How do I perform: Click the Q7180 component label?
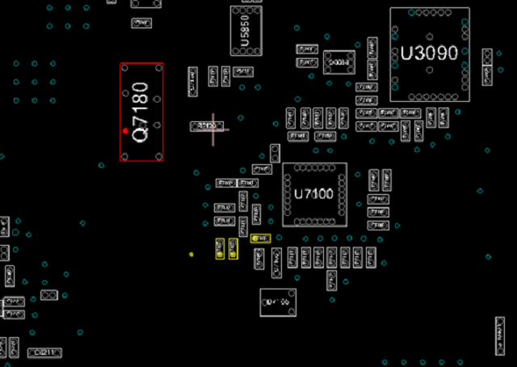coord(141,112)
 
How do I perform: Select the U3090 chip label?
coord(429,54)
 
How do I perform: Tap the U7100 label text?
coord(313,195)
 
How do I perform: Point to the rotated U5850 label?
coord(246,30)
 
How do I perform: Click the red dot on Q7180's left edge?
coord(125,130)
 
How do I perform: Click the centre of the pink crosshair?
coord(213,128)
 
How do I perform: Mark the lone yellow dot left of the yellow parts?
coord(191,255)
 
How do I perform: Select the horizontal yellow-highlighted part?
coord(260,238)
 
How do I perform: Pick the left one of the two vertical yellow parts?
coord(220,248)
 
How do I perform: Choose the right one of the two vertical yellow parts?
coord(233,248)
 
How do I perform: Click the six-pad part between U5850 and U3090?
coord(339,61)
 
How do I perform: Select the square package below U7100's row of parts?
coord(277,303)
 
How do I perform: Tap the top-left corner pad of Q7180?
coord(125,69)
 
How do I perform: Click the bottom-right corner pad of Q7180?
coord(158,156)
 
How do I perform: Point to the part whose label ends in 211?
coord(45,352)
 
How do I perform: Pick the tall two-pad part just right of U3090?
coord(488,66)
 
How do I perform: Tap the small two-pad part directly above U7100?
coord(275,153)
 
